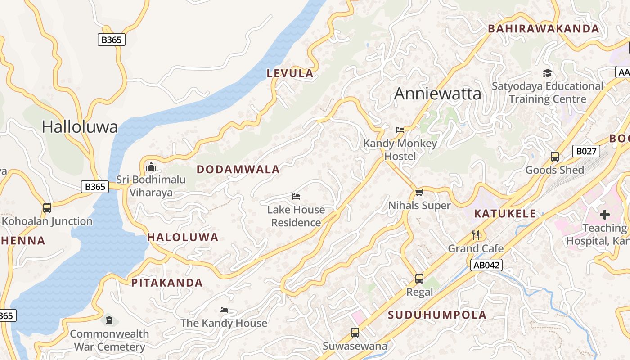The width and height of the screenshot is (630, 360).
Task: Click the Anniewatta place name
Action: (x=437, y=94)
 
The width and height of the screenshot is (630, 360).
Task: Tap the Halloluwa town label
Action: (x=80, y=127)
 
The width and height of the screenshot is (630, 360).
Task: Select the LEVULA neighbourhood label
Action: (x=290, y=73)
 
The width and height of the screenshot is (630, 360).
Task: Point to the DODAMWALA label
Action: (x=238, y=170)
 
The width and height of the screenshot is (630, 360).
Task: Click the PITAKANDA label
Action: (x=167, y=283)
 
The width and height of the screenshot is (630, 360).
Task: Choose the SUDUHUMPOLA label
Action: (x=437, y=315)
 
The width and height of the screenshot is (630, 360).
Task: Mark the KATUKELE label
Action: (x=505, y=213)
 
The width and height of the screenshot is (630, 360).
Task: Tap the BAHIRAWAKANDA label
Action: (x=544, y=29)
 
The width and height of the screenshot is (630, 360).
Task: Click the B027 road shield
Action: (x=586, y=151)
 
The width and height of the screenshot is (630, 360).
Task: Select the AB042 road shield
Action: (x=486, y=265)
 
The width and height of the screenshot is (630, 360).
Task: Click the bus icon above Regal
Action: (x=419, y=279)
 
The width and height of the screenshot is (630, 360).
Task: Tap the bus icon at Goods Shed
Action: (x=554, y=157)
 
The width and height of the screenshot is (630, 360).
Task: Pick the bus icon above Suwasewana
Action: (x=355, y=333)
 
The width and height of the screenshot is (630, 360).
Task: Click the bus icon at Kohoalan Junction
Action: (x=47, y=208)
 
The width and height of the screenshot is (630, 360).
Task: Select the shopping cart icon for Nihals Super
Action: (x=419, y=193)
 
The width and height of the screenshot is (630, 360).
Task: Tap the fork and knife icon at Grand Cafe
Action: (x=476, y=235)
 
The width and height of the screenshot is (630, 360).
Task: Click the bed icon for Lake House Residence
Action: (x=296, y=197)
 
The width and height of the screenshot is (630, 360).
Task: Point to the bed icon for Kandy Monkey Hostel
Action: (x=400, y=130)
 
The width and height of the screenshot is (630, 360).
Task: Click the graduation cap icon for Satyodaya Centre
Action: (x=547, y=73)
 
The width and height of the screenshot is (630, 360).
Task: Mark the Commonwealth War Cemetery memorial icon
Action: (x=109, y=320)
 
